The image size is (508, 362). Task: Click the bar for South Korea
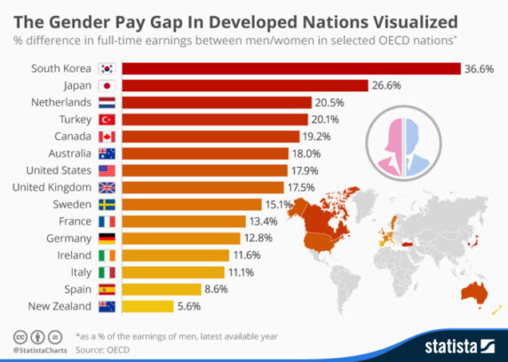click(290, 69)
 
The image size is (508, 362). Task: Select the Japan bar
click(244, 86)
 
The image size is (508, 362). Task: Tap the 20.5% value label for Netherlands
click(330, 103)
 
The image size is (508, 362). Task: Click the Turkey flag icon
click(107, 120)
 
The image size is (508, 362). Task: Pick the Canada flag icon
click(107, 137)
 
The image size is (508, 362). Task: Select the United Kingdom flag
click(107, 187)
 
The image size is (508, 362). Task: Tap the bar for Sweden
click(191, 204)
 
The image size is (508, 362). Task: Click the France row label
click(75, 221)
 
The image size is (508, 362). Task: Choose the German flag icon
click(107, 238)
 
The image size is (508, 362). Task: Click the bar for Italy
click(172, 271)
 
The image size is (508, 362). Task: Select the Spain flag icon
click(107, 289)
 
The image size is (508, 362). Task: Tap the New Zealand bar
click(147, 306)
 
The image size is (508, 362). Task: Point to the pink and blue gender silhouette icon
click(417, 143)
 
